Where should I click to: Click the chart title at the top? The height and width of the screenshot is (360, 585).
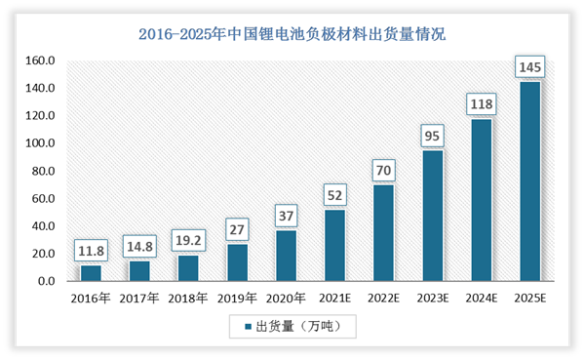pyautogui.click(x=292, y=36)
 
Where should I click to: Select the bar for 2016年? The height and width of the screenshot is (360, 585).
pyautogui.click(x=91, y=273)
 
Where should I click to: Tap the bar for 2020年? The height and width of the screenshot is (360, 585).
pyautogui.click(x=286, y=256)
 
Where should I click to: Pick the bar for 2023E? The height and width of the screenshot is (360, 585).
pyautogui.click(x=432, y=216)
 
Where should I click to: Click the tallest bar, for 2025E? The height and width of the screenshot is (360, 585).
pyautogui.click(x=529, y=181)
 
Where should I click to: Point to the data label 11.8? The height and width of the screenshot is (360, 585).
pyautogui.click(x=91, y=251)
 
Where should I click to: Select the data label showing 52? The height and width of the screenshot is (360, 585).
pyautogui.click(x=334, y=195)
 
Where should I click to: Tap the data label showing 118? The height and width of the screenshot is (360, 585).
pyautogui.click(x=481, y=104)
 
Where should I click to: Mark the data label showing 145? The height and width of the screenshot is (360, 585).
pyautogui.click(x=529, y=67)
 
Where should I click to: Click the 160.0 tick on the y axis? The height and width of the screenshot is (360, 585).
pyautogui.click(x=40, y=60)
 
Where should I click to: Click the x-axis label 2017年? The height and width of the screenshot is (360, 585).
pyautogui.click(x=139, y=297)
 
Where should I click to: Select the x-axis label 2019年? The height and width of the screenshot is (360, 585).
pyautogui.click(x=237, y=297)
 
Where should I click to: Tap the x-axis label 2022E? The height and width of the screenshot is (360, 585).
pyautogui.click(x=383, y=297)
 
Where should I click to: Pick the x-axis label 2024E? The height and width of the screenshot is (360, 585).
pyautogui.click(x=481, y=297)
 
